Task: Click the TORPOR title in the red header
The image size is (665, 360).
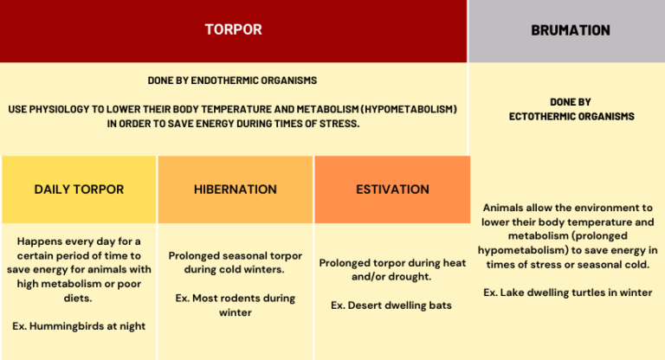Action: [x=233, y=29]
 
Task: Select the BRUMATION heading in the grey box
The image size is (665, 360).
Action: [x=571, y=30]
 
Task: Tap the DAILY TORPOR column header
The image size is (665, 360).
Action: [x=79, y=189]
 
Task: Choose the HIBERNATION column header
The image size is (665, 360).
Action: [x=236, y=189]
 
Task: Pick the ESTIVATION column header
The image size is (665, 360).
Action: [x=392, y=189]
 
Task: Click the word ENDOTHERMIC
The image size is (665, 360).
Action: [x=224, y=80]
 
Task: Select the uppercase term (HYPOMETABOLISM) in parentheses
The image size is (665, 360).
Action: [x=404, y=110]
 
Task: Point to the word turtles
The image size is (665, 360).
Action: [x=589, y=292]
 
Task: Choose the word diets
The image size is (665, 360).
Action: [x=83, y=298]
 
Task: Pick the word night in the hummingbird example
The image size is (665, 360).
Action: [x=130, y=325]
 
